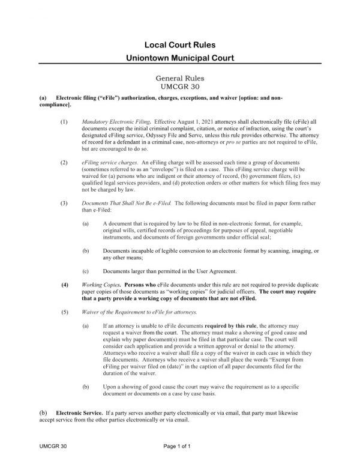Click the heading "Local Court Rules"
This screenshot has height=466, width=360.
point(179,45)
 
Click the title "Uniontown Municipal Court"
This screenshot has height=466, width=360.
point(179,59)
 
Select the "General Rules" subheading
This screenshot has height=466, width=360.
point(179,78)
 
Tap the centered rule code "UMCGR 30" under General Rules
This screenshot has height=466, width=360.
point(179,86)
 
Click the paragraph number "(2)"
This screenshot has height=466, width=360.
point(65,163)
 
